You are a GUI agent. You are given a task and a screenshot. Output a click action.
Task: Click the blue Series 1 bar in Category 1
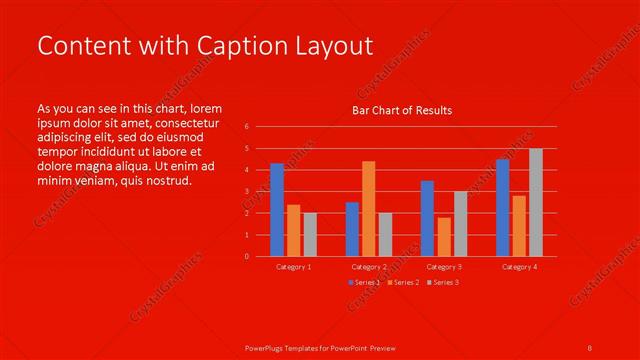point(277,210)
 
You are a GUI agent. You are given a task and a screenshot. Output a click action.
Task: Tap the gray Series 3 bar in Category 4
point(536,202)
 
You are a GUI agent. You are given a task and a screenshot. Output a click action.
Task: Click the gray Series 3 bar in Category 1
point(310,234)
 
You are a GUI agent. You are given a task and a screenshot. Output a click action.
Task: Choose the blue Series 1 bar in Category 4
point(502,207)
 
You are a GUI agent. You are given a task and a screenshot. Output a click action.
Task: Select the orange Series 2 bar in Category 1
point(293,230)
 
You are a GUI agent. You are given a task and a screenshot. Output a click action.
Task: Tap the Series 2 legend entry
point(402,283)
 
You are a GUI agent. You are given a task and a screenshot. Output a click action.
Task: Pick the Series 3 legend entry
point(442,283)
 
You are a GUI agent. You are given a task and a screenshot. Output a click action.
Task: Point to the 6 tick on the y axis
point(246,127)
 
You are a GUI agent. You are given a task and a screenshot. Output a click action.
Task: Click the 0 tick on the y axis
point(246,256)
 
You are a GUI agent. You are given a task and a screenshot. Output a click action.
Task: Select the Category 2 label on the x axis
point(369,267)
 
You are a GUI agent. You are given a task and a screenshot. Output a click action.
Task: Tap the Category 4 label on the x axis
point(519,267)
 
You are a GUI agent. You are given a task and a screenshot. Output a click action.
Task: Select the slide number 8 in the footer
point(590,346)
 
